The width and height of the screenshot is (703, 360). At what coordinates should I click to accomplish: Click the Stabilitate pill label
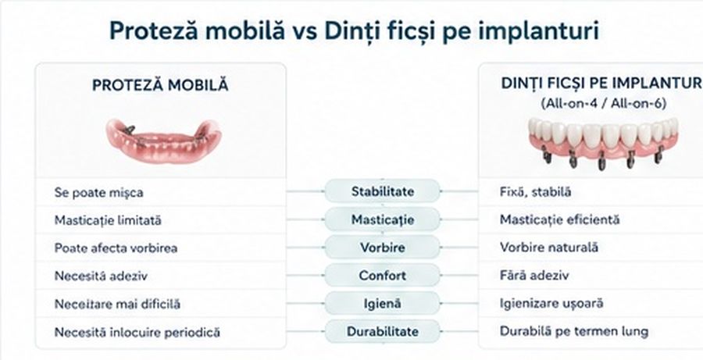pos(383,191)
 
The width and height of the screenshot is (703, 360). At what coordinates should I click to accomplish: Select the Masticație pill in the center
pos(383,219)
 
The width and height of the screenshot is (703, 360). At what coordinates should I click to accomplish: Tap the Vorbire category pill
pos(383,248)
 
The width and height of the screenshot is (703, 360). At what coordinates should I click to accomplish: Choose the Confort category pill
pos(383,275)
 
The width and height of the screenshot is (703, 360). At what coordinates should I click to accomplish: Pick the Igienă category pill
pos(383,304)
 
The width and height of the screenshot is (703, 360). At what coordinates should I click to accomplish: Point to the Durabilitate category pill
pos(383,332)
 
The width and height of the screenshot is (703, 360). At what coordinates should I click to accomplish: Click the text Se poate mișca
pos(98,193)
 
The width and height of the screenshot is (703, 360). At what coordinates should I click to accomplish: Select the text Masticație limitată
pos(108,220)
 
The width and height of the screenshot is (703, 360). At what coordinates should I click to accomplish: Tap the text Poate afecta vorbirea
pos(116,248)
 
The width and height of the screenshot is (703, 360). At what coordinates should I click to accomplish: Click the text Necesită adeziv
pos(101,276)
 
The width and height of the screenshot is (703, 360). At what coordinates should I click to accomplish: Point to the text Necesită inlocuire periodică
pos(137,332)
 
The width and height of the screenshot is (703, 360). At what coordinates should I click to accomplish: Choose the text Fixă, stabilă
pos(535,192)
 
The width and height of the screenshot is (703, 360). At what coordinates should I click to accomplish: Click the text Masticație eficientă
pos(559,219)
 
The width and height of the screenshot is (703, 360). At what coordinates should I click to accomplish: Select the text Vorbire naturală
pos(549,248)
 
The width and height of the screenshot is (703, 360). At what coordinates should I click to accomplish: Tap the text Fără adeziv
pos(534,275)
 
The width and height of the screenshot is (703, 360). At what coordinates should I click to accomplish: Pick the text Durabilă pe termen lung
pos(574,332)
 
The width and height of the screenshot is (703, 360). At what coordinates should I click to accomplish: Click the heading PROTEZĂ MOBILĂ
pos(160,85)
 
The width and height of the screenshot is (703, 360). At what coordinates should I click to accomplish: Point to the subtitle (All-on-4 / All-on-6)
pos(604,104)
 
